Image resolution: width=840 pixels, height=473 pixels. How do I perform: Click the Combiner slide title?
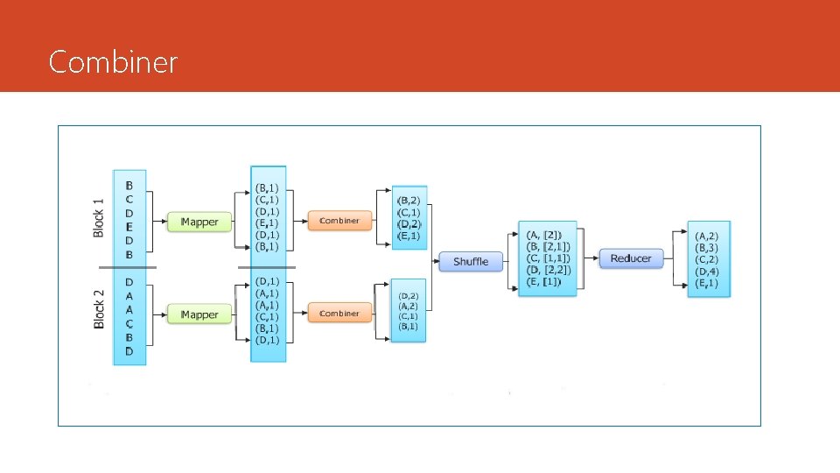click(x=114, y=62)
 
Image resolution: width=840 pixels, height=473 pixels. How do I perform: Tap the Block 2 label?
click(x=99, y=309)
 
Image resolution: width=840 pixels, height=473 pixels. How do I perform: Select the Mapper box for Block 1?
click(x=199, y=222)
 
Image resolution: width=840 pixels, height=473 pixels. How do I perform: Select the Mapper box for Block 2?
click(x=199, y=314)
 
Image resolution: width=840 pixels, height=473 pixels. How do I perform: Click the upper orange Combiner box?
click(x=339, y=221)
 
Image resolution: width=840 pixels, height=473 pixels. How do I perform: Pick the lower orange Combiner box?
click(x=339, y=313)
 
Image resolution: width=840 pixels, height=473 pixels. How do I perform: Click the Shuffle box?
click(x=471, y=262)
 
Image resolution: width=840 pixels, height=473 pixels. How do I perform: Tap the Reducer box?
click(x=631, y=258)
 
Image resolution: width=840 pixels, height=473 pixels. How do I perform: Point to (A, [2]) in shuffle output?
click(x=545, y=235)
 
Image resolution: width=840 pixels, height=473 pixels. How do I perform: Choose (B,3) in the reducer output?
click(x=707, y=248)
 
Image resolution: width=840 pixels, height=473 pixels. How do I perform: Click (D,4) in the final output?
click(x=707, y=272)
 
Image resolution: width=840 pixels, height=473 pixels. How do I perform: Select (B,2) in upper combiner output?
click(x=409, y=201)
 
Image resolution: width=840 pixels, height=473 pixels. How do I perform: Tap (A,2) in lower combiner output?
click(x=409, y=306)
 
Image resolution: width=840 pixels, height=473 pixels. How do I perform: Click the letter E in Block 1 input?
click(x=129, y=226)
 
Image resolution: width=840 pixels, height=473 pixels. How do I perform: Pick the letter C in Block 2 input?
click(x=129, y=323)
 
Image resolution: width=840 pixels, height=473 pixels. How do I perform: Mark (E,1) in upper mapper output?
click(x=268, y=223)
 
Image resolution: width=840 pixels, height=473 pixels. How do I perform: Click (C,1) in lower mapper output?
click(x=268, y=316)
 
